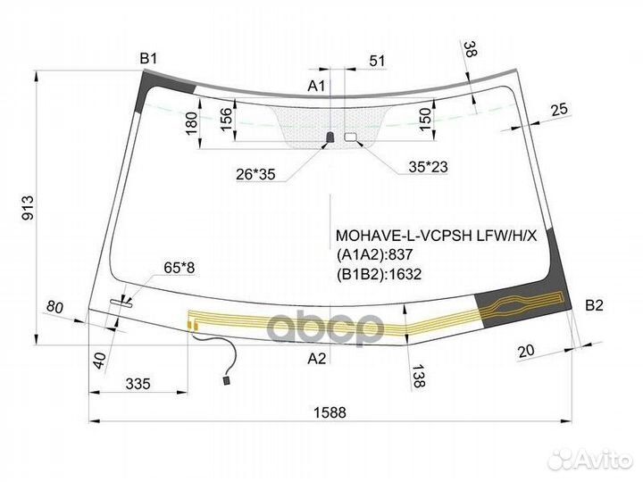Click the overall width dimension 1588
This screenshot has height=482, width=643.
click(330, 411)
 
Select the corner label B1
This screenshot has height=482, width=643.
click(148, 59)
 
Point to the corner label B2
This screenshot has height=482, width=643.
click(594, 305)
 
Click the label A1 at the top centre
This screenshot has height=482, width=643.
click(316, 86)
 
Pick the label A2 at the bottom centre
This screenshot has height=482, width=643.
click(316, 359)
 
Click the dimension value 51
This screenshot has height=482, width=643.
click(377, 61)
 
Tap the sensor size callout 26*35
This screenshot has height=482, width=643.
click(255, 175)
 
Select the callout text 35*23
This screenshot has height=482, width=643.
click(428, 167)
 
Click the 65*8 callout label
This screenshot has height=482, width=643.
click(180, 268)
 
